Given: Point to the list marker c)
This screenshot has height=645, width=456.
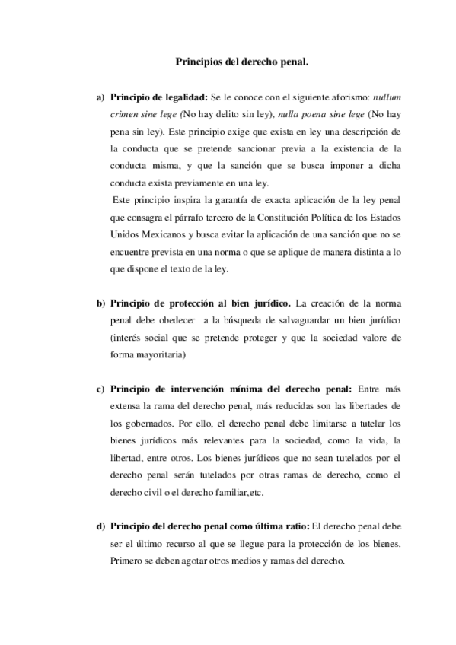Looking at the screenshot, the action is click(x=99, y=390).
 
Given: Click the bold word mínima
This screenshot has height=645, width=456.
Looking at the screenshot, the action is click(x=260, y=390).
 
